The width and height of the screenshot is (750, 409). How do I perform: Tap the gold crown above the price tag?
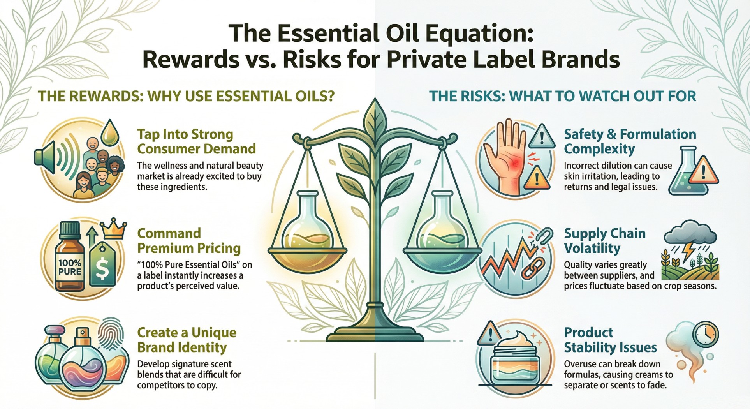(113, 230)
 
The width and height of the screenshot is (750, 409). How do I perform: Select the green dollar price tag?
(102, 265)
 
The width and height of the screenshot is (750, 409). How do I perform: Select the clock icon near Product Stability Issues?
(706, 334)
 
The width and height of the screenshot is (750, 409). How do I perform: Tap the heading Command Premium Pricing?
(189, 241)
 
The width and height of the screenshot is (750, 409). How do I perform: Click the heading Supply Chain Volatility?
(605, 241)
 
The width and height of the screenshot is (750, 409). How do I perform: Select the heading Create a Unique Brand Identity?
(187, 340)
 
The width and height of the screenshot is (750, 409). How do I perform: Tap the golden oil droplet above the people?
(110, 133)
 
